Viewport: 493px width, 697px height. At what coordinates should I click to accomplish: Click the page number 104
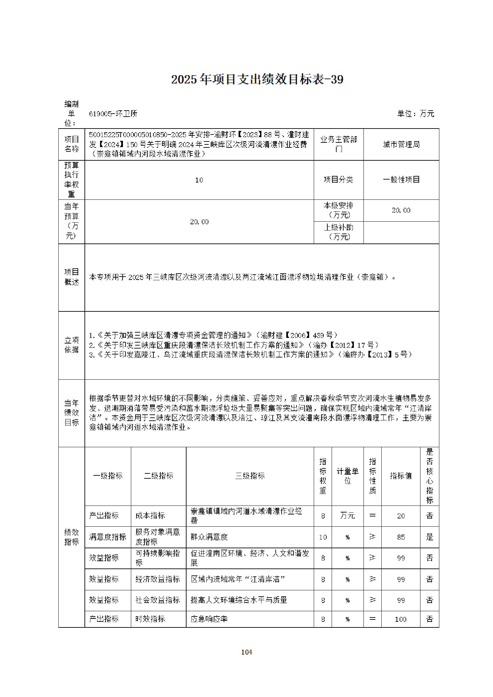[246, 652]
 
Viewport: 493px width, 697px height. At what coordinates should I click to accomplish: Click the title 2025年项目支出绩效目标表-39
[257, 80]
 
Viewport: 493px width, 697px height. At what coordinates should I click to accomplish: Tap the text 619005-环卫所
[113, 114]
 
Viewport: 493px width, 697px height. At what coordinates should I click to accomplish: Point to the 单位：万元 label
[415, 114]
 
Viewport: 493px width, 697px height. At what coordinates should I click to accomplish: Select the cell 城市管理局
[401, 144]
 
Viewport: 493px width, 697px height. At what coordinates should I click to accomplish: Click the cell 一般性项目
[401, 180]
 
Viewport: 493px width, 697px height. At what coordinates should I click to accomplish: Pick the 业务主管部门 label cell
[338, 144]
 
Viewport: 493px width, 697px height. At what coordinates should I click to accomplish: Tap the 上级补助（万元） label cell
[338, 232]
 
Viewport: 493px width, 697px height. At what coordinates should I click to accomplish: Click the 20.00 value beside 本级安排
[401, 210]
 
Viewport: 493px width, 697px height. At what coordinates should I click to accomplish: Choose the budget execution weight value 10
[199, 180]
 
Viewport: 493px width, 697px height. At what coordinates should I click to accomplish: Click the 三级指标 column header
[250, 476]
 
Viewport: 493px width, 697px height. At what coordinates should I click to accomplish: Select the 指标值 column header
[401, 476]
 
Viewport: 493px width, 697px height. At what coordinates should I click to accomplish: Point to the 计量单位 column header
[347, 476]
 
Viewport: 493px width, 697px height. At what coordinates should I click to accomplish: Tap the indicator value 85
[401, 537]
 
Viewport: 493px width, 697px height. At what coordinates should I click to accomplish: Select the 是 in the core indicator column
[429, 537]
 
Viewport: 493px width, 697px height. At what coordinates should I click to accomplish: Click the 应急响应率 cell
[209, 619]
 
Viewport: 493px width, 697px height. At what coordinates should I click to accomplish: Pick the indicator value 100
[401, 619]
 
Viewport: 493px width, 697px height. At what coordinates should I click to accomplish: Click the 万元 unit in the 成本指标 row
[347, 516]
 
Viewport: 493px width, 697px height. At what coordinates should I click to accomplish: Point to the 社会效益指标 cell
[158, 600]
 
